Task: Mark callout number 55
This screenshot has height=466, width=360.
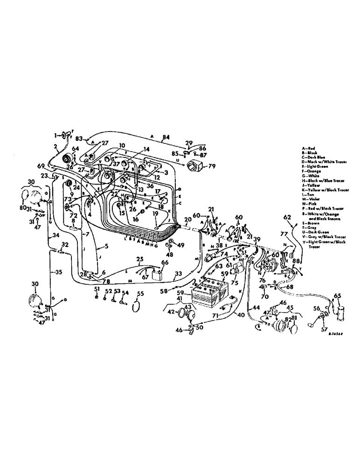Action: pos(140,294)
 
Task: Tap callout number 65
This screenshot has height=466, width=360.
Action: pos(338,295)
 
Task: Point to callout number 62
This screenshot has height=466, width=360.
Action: pos(286,217)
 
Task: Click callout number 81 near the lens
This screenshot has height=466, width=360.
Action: pos(293,319)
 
